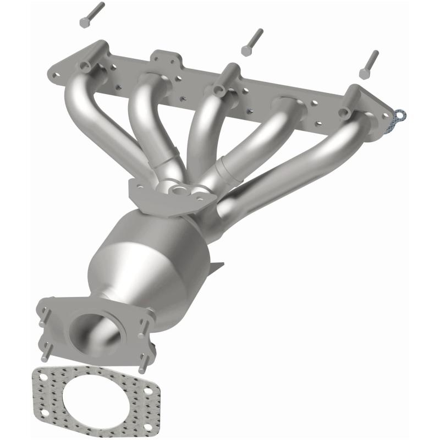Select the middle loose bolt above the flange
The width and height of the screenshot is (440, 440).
tap(252, 42)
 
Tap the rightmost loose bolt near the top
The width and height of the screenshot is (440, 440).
tap(369, 64)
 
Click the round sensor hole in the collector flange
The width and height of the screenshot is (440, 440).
tap(178, 193)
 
